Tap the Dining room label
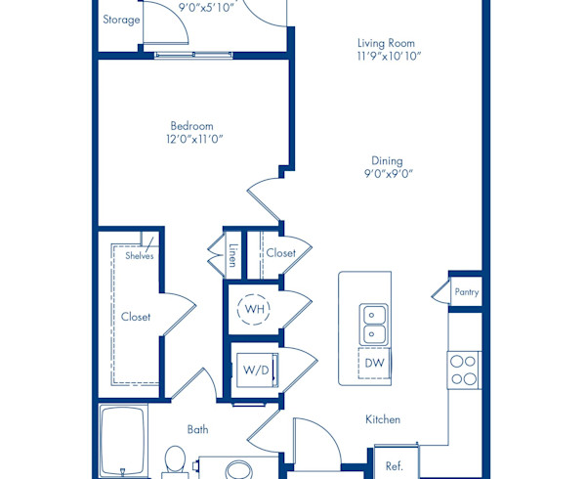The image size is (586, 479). [387, 161]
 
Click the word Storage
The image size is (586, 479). [121, 20]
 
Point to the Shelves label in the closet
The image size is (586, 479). [140, 255]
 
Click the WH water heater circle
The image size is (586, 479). [255, 309]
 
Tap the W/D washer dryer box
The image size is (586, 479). [256, 370]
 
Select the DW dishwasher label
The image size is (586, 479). [374, 363]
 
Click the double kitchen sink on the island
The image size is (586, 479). [374, 324]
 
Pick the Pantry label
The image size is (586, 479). [467, 291]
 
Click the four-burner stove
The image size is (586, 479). [464, 370]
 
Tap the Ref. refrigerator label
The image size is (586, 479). [395, 465]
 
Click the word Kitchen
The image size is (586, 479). [383, 419]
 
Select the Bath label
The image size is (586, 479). [197, 428]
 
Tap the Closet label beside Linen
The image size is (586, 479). [280, 253]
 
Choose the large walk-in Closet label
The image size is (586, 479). [136, 317]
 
